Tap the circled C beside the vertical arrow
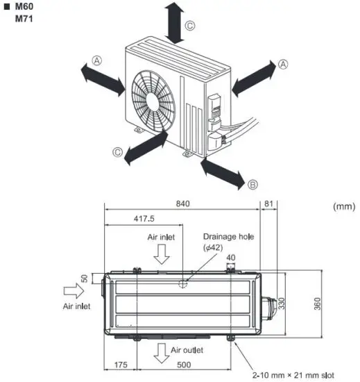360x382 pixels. click(x=189, y=26)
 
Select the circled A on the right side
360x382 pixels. click(x=282, y=64)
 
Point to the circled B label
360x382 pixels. click(x=252, y=184)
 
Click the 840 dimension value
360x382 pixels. click(x=182, y=204)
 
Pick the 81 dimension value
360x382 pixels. click(x=269, y=204)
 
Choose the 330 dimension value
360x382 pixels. click(x=281, y=304)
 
